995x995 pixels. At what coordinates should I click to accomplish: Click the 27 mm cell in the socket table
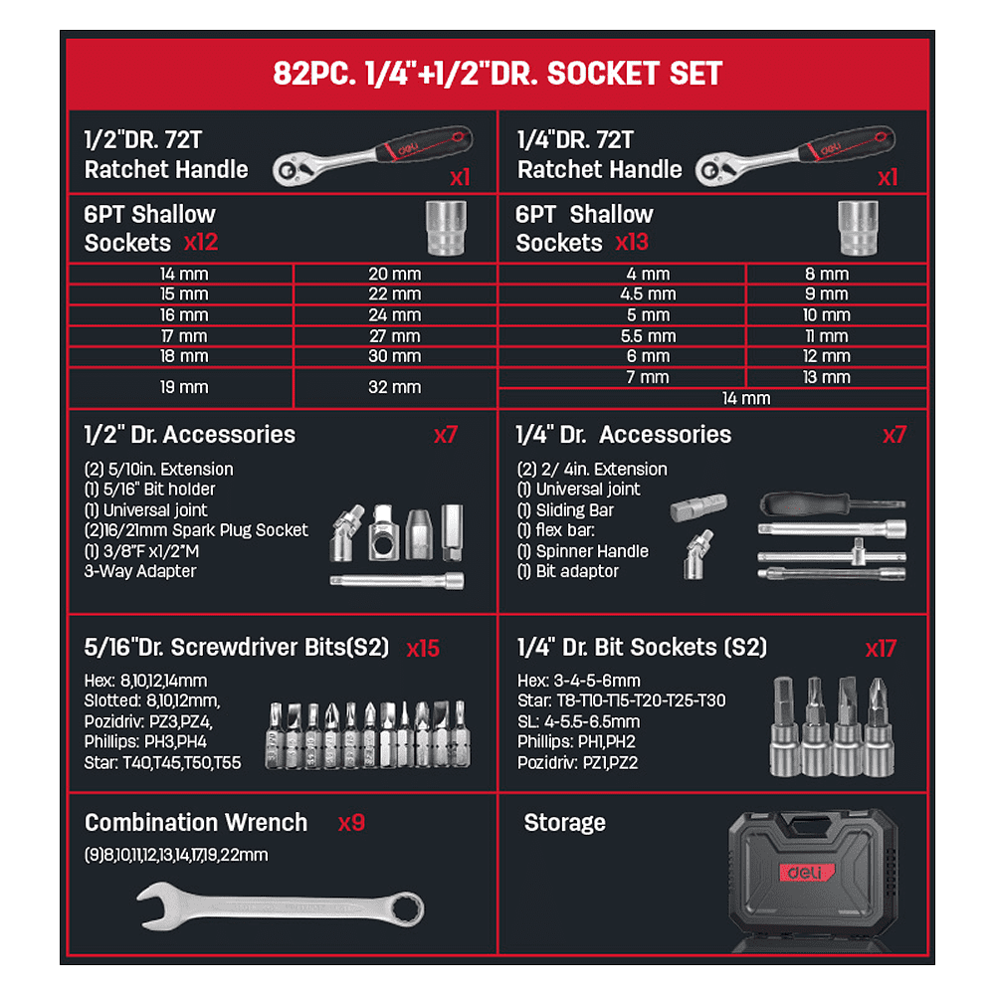tap(395, 336)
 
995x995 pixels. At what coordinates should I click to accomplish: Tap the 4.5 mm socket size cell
tap(648, 295)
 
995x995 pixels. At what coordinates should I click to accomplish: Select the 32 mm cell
tap(395, 387)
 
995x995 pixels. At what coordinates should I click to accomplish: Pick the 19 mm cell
tap(184, 387)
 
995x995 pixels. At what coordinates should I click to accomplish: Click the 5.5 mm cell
tap(648, 336)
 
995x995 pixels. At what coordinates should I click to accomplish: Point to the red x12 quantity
tap(201, 243)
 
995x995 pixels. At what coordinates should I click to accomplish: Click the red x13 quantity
tap(632, 243)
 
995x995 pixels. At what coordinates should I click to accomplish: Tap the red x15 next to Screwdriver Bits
tap(423, 649)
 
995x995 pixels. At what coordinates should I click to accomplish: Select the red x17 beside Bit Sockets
tap(881, 649)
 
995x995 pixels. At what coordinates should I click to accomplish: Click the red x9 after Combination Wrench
tap(351, 823)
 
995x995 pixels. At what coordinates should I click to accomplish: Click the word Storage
tap(565, 823)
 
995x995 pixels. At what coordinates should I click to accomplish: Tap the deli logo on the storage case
tap(807, 873)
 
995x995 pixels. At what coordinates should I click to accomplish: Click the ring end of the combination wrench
tap(407, 909)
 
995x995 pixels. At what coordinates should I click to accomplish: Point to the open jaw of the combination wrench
tap(154, 903)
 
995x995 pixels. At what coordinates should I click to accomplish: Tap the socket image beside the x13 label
tap(858, 228)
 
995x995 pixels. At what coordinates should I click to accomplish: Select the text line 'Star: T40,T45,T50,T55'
tap(162, 763)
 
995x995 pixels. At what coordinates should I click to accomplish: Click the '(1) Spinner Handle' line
tap(582, 551)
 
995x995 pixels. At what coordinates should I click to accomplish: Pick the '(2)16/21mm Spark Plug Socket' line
tap(196, 530)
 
